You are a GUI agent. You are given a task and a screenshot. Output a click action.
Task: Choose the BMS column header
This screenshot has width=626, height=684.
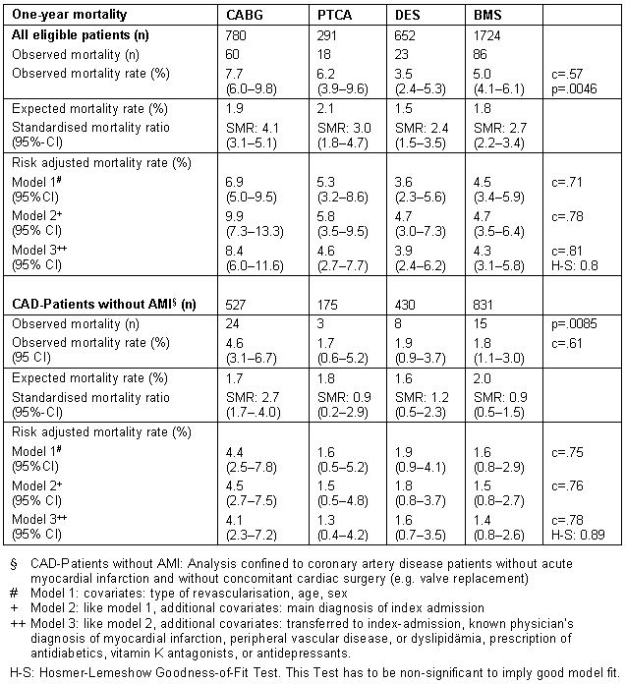coord(488,14)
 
